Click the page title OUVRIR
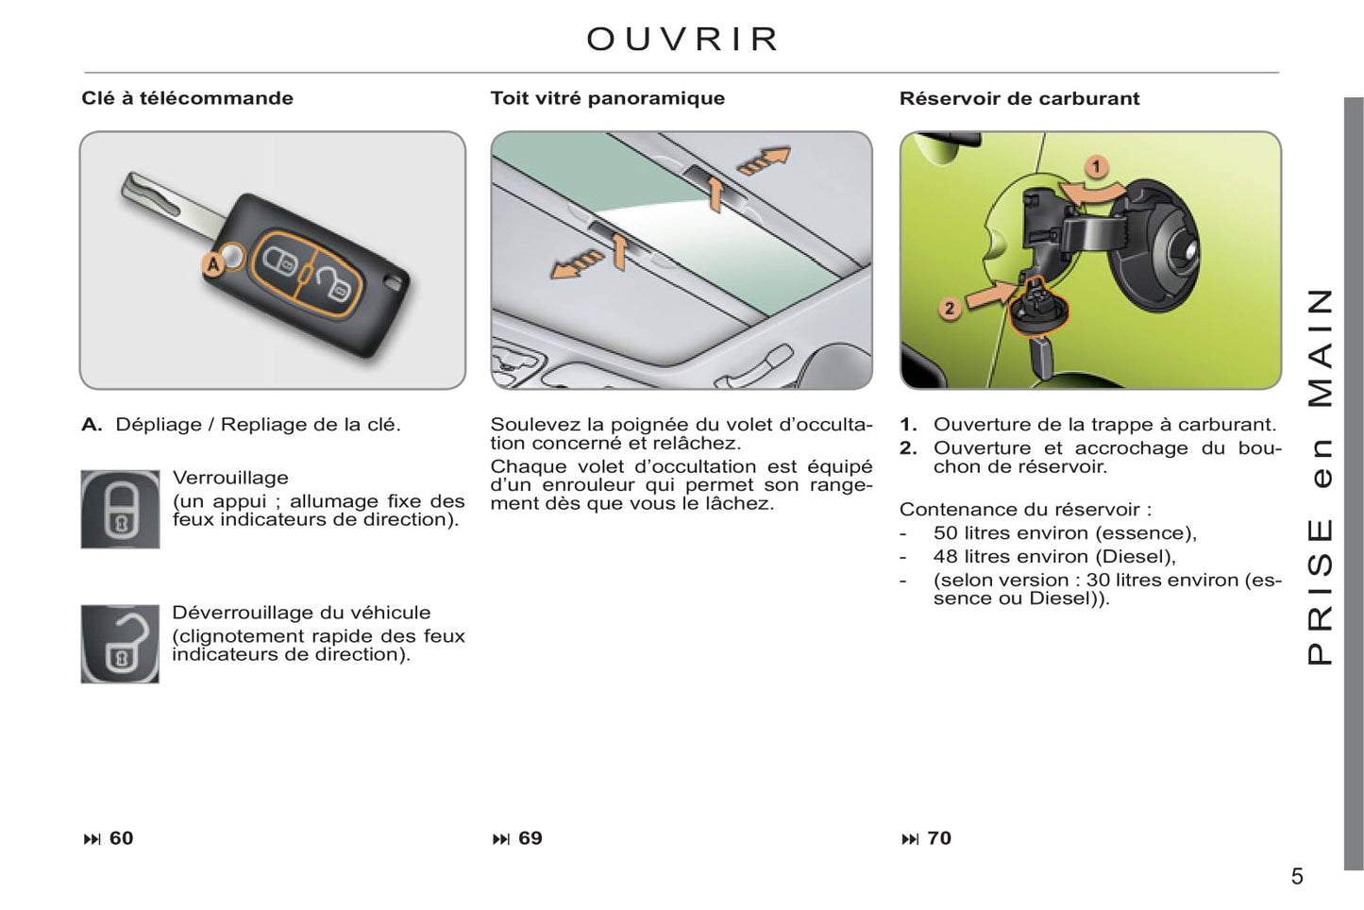pos(682,40)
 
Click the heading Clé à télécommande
pos(187,98)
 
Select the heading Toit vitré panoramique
pos(607,98)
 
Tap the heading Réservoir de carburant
pos(1019,98)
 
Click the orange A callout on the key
pos(214,265)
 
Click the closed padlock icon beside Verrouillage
pos(120,509)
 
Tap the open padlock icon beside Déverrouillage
pos(120,644)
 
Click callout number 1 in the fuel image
pos(1096,168)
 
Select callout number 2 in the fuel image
pos(950,308)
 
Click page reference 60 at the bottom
pos(121,838)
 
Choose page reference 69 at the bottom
pos(530,838)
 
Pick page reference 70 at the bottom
pos(938,838)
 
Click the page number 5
pos(1297,877)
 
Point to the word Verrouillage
pos(230,478)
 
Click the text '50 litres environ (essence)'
pos(1064,533)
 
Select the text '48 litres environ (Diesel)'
pos(1053,557)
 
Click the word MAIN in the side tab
pos(1320,347)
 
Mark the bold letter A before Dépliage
pos(91,425)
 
